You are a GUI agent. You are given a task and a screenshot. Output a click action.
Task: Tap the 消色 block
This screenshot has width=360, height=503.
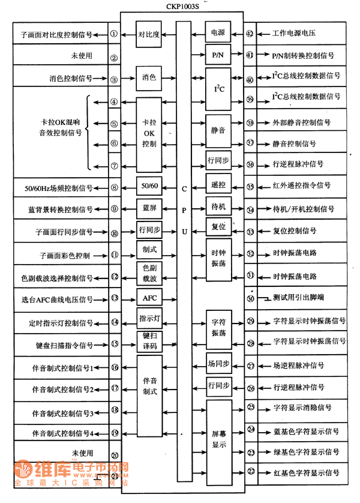[x=149, y=78]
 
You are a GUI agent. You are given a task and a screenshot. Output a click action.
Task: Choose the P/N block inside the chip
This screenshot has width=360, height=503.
[x=217, y=56]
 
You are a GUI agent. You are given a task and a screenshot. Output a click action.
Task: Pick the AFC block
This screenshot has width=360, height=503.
[x=149, y=298]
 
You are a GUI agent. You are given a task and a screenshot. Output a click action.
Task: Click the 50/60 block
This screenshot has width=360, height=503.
[x=149, y=186]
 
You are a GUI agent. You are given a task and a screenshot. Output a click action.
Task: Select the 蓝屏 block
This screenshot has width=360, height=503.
[x=149, y=208]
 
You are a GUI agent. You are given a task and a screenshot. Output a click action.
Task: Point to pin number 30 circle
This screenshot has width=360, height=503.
[x=251, y=298]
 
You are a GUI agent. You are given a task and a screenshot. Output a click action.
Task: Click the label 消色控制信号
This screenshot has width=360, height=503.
[x=71, y=78]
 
